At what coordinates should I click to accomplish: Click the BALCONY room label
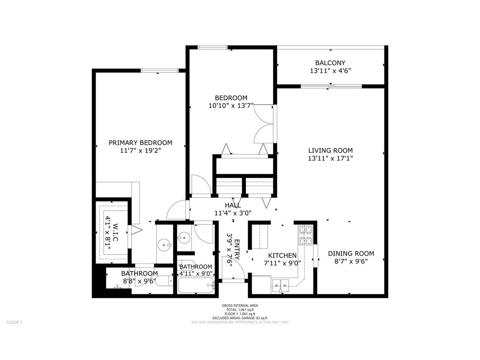point(330,63)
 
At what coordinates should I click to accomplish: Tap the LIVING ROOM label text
point(330,150)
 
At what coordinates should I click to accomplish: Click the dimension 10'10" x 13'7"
point(231,106)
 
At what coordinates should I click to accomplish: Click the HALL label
point(233,205)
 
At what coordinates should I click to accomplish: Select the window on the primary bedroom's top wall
point(160,71)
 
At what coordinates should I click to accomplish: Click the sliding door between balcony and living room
point(331,86)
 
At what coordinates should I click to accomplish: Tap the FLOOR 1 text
point(14,322)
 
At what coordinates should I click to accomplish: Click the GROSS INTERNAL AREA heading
point(240,306)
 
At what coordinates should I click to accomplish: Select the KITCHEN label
point(282,255)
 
